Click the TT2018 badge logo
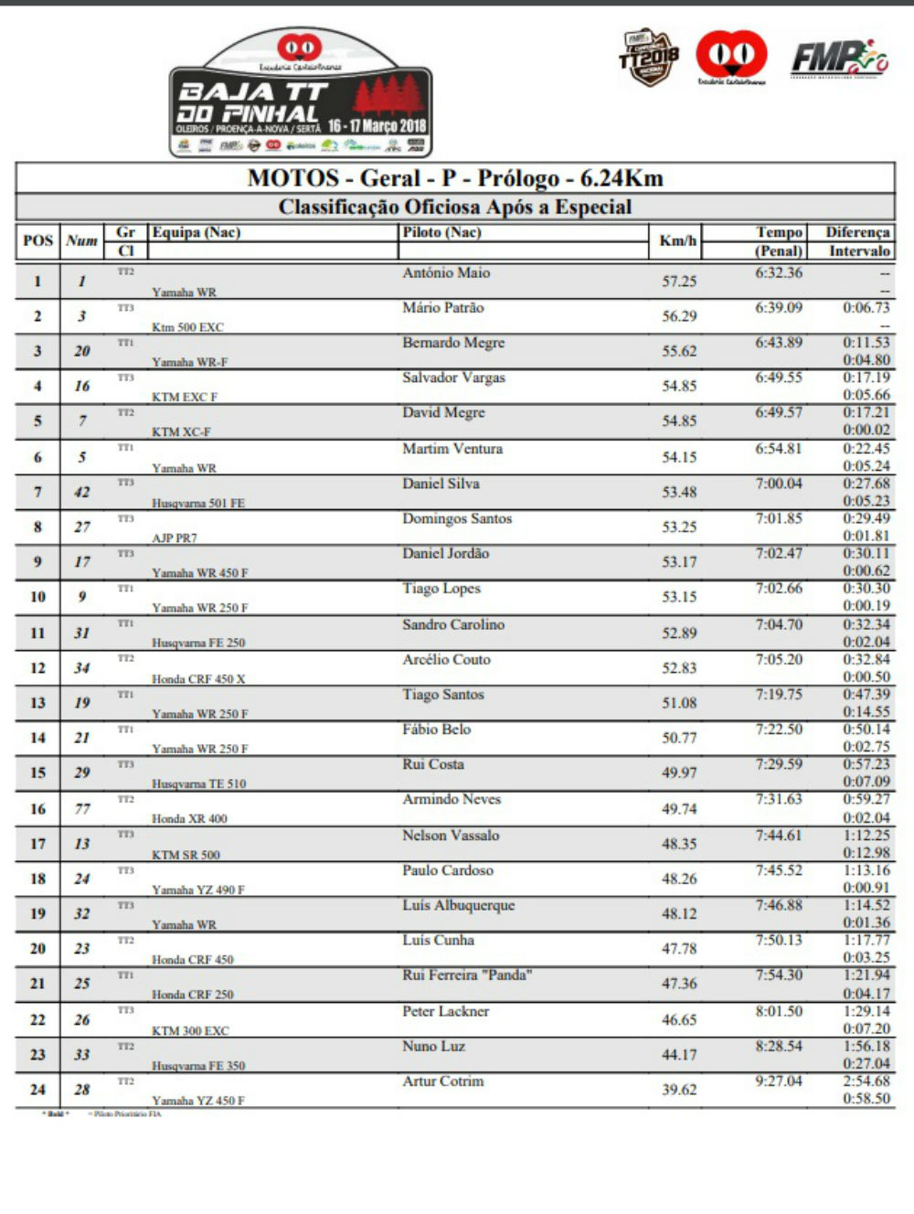point(649,58)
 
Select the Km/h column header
point(677,241)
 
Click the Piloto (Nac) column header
point(441,232)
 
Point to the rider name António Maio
point(446,272)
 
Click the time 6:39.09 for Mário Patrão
point(779,308)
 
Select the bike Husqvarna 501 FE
point(198,503)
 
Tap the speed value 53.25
point(679,527)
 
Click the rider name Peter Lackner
point(446,1011)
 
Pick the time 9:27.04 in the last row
point(779,1081)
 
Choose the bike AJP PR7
point(175,538)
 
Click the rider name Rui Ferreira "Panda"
point(467,975)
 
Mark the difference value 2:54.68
point(866,1081)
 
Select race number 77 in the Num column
point(82,808)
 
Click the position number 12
point(37,668)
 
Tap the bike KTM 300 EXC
point(190,1030)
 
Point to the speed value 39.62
point(679,1090)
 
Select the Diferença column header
point(857,232)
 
